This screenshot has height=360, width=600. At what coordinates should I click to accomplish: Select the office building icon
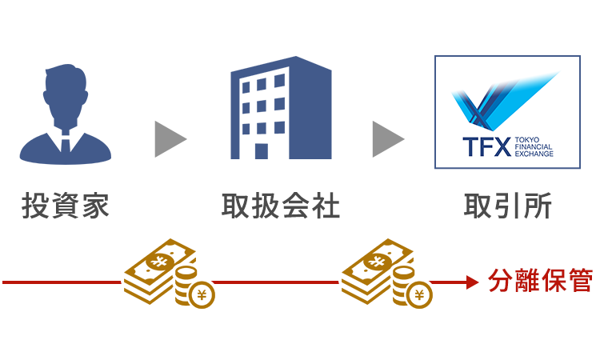click(x=281, y=107)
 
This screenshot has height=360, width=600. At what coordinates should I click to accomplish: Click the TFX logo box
click(x=506, y=111)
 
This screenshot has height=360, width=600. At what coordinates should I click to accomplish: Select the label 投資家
click(x=66, y=206)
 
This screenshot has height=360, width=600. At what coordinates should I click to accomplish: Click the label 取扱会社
click(x=281, y=206)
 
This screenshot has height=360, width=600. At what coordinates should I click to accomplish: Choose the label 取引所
click(x=507, y=206)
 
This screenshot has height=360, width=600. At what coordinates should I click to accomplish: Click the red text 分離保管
click(x=540, y=282)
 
